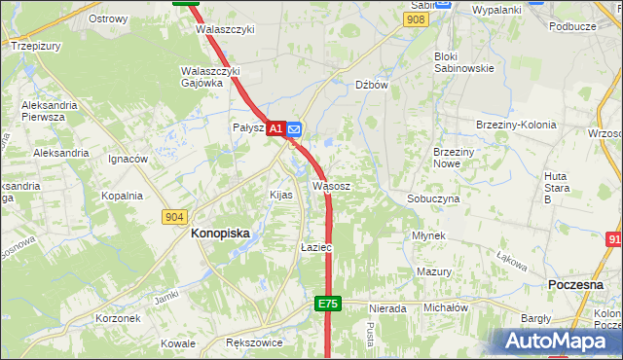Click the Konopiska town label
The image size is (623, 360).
point(220,234)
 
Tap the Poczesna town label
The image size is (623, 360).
point(578,283)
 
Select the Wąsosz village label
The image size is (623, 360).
point(331,185)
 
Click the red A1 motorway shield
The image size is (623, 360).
point(275,128)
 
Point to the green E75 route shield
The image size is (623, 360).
point(328,305)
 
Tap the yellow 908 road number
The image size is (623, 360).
point(417,19)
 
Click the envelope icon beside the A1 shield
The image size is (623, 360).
point(294,128)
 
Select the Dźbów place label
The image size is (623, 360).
point(372,85)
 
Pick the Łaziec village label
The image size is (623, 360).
point(316,248)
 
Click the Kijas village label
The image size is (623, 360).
point(280,195)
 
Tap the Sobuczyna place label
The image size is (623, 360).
point(433,198)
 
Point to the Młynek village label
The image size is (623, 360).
point(428,236)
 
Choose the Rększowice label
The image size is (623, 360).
point(253,343)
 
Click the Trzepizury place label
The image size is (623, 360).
point(36,46)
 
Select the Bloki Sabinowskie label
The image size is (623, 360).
point(463,62)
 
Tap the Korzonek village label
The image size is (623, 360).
point(118,318)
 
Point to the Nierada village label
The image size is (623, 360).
point(386,308)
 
